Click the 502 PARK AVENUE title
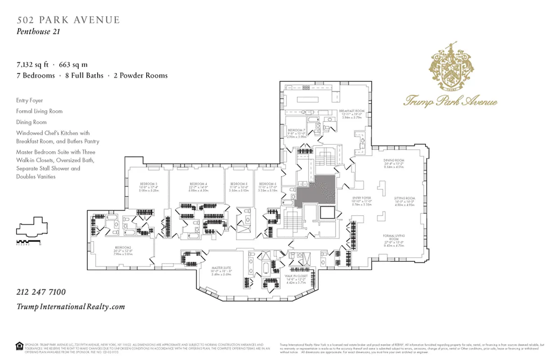(68, 20)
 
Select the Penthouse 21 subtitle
(38, 31)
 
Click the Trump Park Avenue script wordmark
(450, 100)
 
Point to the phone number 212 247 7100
(41, 292)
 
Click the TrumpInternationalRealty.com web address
(71, 306)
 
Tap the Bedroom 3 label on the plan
(148, 184)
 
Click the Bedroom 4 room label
(198, 184)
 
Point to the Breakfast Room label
(351, 111)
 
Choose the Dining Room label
(394, 161)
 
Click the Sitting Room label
(404, 198)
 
